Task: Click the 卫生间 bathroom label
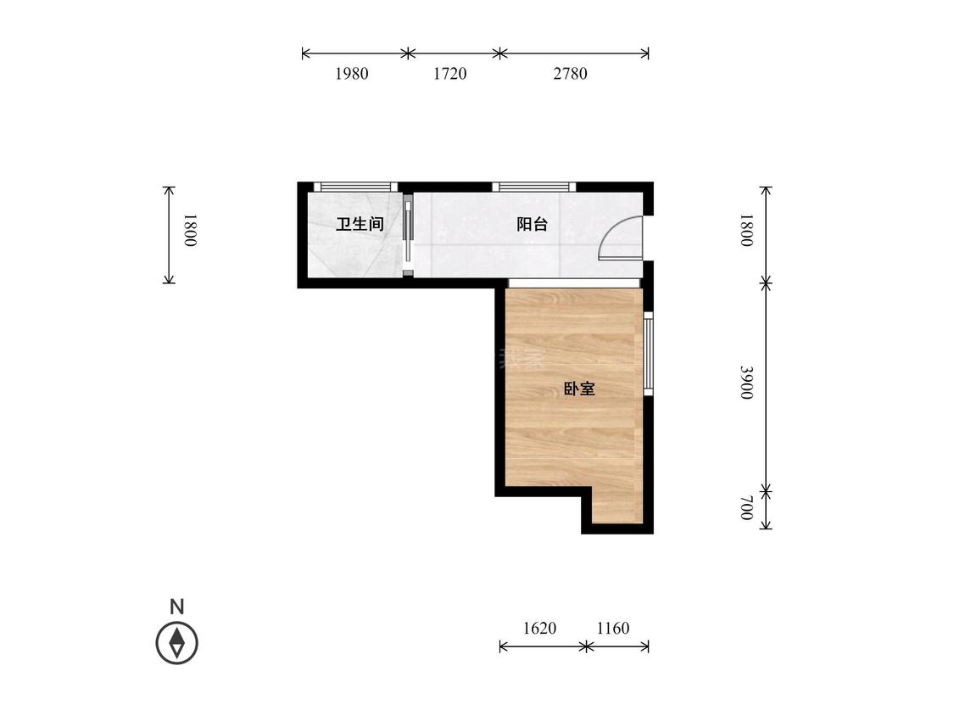pyautogui.click(x=360, y=225)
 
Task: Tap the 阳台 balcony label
pyautogui.click(x=532, y=225)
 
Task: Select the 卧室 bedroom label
pyautogui.click(x=579, y=389)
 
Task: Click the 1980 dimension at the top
pyautogui.click(x=351, y=74)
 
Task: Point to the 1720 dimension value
pyautogui.click(x=449, y=74)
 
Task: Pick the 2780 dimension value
pyautogui.click(x=570, y=74)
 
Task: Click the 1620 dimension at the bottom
pyautogui.click(x=539, y=629)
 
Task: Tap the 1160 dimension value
pyautogui.click(x=613, y=629)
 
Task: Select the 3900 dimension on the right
pyautogui.click(x=746, y=383)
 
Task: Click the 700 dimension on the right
pyautogui.click(x=746, y=509)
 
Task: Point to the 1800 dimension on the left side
pyautogui.click(x=190, y=231)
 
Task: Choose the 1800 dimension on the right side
pyautogui.click(x=746, y=231)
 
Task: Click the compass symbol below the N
pyautogui.click(x=176, y=643)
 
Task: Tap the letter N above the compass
pyautogui.click(x=176, y=607)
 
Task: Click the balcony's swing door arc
pyautogui.click(x=619, y=238)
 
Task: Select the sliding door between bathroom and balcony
pyautogui.click(x=408, y=235)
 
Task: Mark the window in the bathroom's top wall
pyautogui.click(x=355, y=187)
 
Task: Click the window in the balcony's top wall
pyautogui.click(x=533, y=187)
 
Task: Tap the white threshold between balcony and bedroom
pyautogui.click(x=574, y=282)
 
